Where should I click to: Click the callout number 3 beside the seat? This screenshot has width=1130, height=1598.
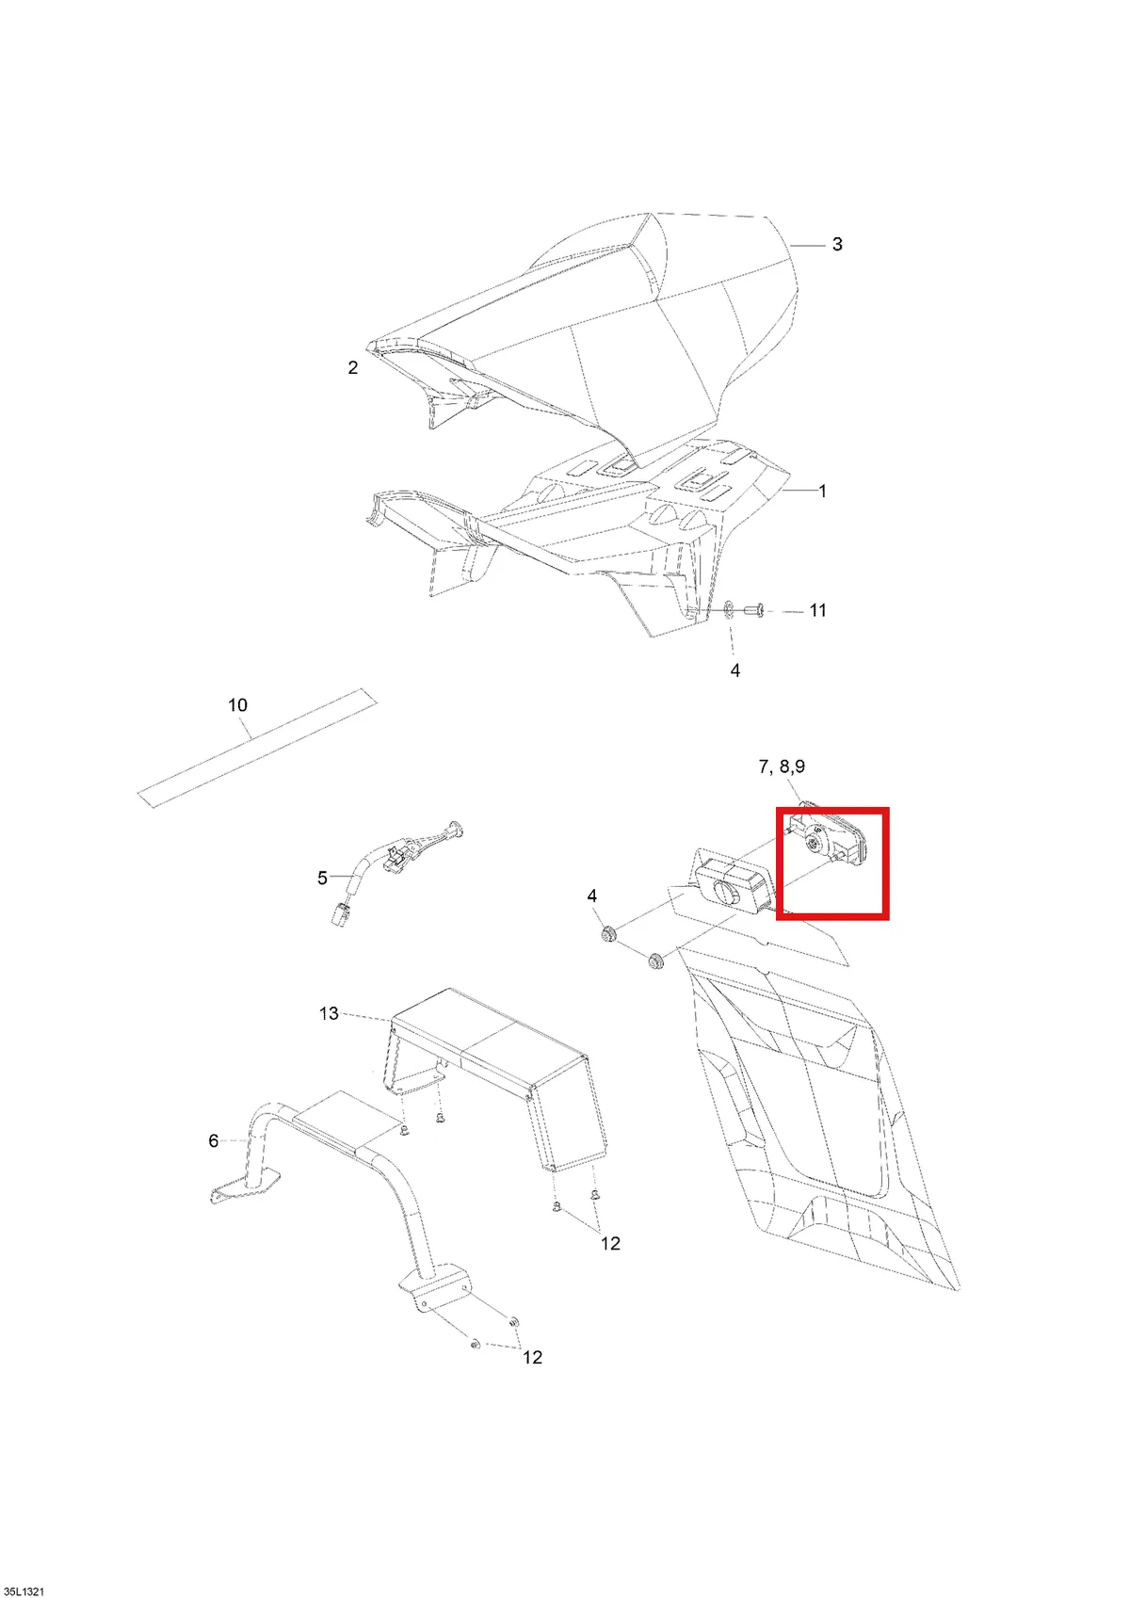[837, 244]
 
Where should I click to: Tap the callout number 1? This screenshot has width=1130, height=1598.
[822, 491]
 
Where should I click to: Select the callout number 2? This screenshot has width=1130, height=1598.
[353, 367]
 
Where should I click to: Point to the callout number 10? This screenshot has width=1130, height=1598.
[237, 704]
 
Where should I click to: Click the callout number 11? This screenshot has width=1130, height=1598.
[817, 610]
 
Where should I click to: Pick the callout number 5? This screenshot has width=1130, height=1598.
[322, 878]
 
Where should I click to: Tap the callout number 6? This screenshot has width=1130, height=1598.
[214, 1140]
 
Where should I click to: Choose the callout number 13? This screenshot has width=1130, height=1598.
[329, 1014]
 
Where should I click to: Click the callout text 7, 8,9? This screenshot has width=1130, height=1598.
[782, 767]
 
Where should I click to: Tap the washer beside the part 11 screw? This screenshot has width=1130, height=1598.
[729, 610]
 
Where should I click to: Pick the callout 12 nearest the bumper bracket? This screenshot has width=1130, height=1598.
[532, 1357]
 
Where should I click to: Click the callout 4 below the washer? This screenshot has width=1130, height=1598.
[734, 670]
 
